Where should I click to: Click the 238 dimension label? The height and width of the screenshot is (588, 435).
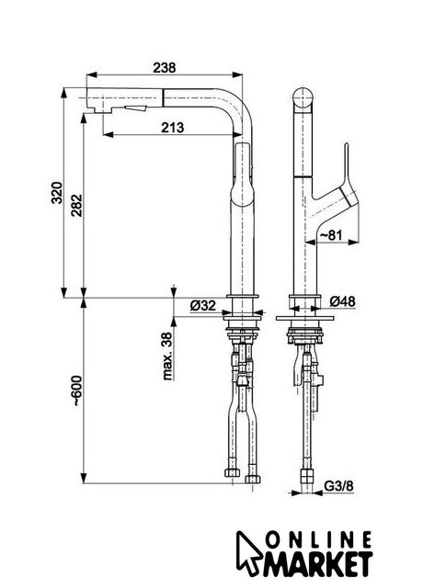pos(164,67)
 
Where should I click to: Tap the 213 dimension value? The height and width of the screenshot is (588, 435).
pos(173,128)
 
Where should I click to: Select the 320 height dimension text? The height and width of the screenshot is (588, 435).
pos(57,193)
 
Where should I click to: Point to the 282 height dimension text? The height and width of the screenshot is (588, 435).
pos(76,205)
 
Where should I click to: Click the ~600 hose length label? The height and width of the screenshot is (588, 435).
pos(76,390)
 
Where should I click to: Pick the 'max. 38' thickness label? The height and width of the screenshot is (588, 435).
pos(167,356)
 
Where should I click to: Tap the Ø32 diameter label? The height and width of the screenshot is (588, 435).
pos(202,306)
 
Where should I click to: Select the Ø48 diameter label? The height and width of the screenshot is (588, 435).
pos(342,301)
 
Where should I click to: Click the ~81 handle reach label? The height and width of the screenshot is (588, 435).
pos(331,235)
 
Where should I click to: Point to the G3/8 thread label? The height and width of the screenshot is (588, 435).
pos(338,486)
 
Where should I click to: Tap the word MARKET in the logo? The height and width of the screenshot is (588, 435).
pos(317,563)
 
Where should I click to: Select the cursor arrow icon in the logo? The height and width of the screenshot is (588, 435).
pos(247,553)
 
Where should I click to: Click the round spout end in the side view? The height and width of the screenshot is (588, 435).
pos(303,98)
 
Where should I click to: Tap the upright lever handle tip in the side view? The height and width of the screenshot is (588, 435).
pos(347,145)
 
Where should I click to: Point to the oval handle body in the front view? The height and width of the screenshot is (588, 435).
pos(243,174)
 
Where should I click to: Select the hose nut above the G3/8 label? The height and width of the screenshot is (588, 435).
pos(307,475)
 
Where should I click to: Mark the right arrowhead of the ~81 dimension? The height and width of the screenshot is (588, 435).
pos(352,243)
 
